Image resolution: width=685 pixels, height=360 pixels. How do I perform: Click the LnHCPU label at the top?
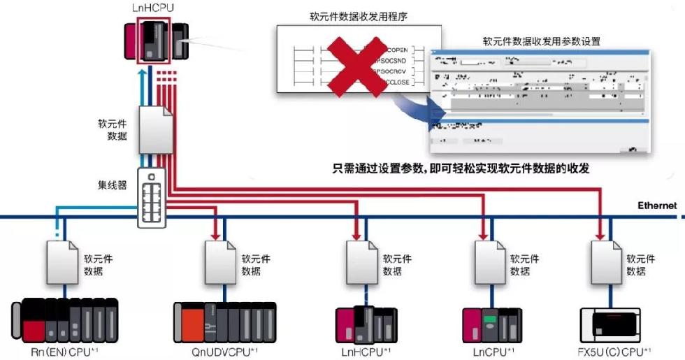pyautogui.click(x=152, y=9)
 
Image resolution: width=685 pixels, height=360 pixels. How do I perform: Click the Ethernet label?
pyautogui.click(x=656, y=205)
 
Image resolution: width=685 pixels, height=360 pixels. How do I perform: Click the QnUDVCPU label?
pyautogui.click(x=224, y=351)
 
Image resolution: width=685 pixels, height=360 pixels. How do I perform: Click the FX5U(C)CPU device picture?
pyautogui.click(x=613, y=324)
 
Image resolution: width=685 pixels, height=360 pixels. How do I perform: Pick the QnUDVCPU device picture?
pyautogui.click(x=224, y=322)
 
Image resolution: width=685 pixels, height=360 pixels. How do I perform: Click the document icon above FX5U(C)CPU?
pyautogui.click(x=606, y=261)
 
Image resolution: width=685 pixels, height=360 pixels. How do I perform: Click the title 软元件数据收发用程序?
pyautogui.click(x=358, y=16)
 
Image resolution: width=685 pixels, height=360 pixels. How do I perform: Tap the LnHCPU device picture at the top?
pyautogui.click(x=156, y=42)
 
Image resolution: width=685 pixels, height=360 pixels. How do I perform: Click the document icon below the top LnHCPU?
pyautogui.click(x=155, y=129)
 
